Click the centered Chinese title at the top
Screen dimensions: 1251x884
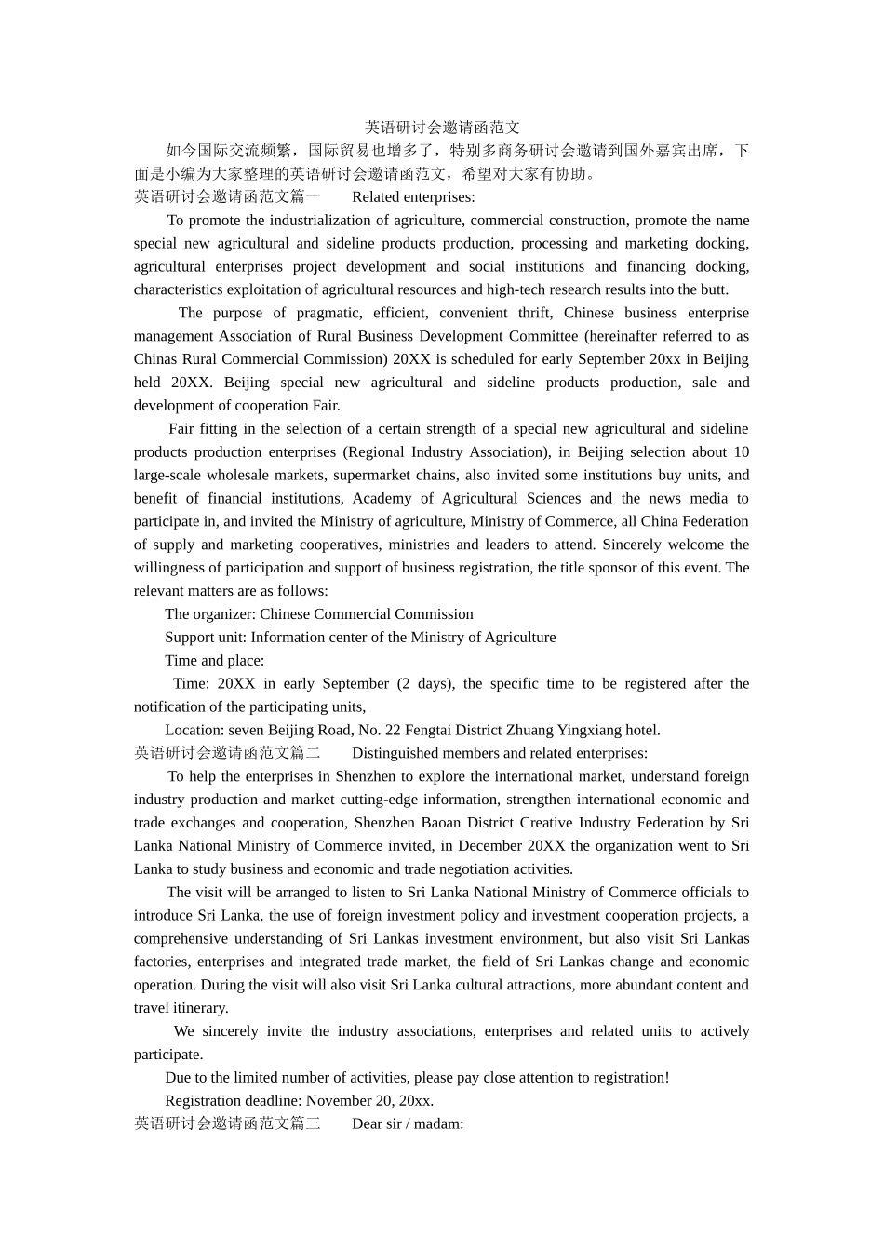(442, 128)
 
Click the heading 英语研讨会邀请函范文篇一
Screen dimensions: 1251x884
(227, 196)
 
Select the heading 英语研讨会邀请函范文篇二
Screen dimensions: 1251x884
(227, 753)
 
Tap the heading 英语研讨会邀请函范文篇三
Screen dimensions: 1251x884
(227, 1123)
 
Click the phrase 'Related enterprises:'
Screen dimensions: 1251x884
(413, 196)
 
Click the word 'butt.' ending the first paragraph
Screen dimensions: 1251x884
(714, 289)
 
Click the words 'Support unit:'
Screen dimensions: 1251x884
(206, 638)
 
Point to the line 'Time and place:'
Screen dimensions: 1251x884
(214, 661)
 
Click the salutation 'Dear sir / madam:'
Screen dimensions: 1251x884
(408, 1123)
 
